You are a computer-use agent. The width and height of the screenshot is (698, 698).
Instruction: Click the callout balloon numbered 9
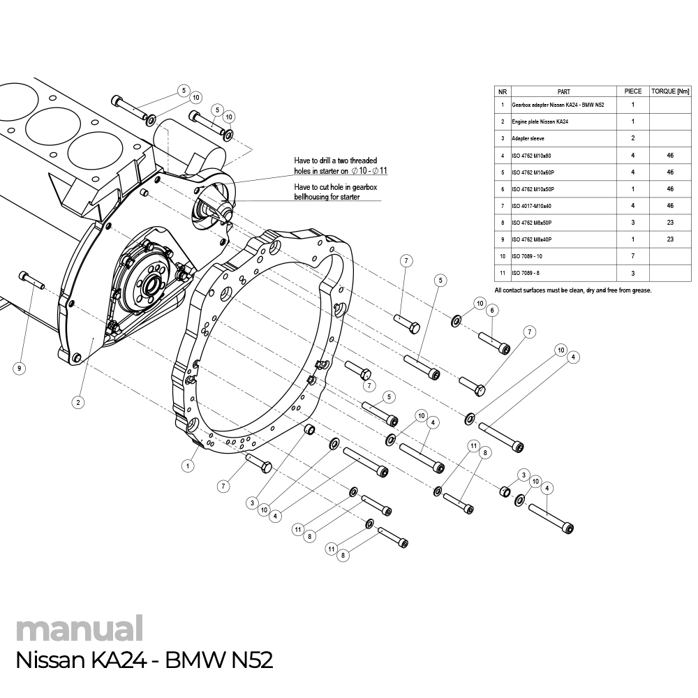(19, 368)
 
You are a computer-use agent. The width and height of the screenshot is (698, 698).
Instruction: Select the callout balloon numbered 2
(78, 401)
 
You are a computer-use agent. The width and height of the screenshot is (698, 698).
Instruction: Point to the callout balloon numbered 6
(492, 310)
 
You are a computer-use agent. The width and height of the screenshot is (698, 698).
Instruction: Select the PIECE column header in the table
(632, 91)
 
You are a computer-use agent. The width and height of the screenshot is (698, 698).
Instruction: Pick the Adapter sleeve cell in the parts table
(528, 138)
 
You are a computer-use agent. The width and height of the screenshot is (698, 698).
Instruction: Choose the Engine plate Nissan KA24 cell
(540, 121)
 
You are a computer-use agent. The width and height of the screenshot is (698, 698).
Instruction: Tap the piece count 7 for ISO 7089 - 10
(632, 256)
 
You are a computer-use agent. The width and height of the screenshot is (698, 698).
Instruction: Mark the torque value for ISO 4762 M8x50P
(670, 223)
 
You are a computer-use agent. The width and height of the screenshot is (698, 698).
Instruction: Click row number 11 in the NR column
(503, 273)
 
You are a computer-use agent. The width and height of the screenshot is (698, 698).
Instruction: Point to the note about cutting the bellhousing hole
(336, 192)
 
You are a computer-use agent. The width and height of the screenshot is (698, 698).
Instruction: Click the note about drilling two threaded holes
(341, 165)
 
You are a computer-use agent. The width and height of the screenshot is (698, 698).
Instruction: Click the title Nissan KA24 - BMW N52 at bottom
(143, 660)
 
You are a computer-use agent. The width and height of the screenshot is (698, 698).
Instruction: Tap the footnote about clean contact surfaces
(572, 290)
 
